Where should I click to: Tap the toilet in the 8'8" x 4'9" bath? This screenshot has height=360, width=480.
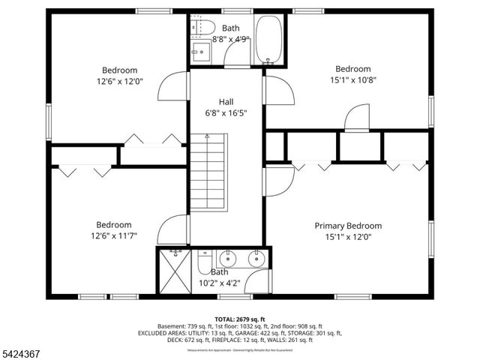[197, 27]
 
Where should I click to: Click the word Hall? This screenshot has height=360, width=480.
[226, 101]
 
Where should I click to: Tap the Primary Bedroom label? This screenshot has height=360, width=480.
[348, 225]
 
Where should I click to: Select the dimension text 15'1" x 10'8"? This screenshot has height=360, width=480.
[352, 79]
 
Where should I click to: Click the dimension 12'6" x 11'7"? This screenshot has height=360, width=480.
[113, 236]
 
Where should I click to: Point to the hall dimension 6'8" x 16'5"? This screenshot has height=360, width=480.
[226, 112]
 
